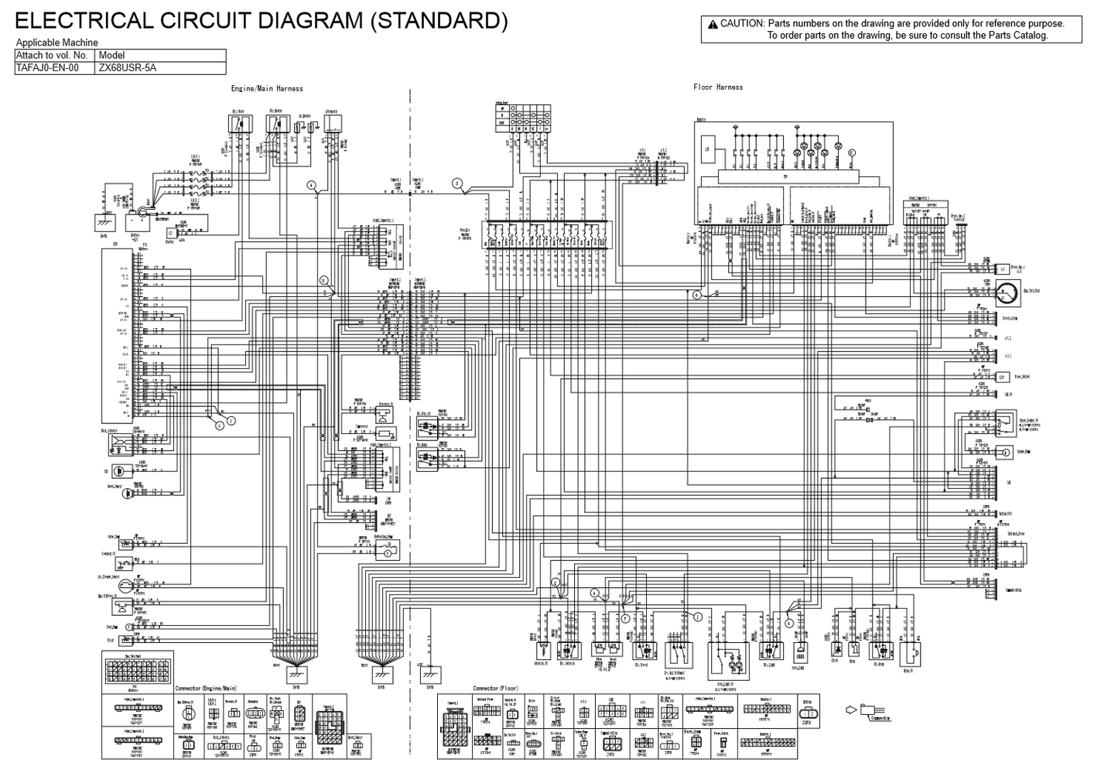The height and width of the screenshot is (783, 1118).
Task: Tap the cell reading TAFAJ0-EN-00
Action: [x=47, y=68]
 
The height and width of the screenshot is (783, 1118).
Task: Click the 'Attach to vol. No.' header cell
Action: [x=53, y=56]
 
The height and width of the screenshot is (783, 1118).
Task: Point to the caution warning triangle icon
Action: [x=712, y=24]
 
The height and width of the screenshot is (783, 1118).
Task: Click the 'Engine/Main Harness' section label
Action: [x=267, y=89]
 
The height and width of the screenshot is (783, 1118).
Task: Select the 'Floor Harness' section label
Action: [x=718, y=87]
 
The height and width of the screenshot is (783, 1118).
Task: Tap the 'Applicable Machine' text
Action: [x=57, y=43]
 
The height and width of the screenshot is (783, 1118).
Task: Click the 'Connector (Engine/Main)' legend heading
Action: [x=206, y=688]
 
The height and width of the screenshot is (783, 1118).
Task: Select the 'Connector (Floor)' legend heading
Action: [x=495, y=688]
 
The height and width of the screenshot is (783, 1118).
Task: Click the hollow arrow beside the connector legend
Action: [x=852, y=709]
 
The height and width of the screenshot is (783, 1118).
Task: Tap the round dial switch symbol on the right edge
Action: [x=1007, y=292]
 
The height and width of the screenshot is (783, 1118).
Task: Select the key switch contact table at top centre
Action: [x=522, y=116]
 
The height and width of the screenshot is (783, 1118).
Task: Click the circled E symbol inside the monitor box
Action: [x=853, y=153]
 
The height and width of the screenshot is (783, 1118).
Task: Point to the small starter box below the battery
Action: [x=170, y=232]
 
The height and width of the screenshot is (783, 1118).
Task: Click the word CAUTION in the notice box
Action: [x=742, y=24]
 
